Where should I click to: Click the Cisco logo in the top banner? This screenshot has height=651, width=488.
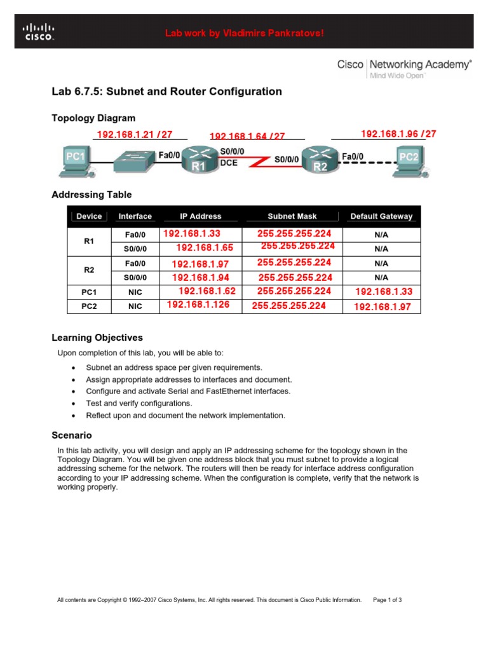[39, 32]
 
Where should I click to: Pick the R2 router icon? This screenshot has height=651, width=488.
[320, 160]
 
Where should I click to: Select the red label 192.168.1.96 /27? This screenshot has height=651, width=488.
[398, 134]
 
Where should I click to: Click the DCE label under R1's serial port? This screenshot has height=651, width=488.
[229, 163]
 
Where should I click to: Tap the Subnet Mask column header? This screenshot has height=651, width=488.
[292, 216]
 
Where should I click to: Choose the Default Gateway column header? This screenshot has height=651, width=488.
[381, 216]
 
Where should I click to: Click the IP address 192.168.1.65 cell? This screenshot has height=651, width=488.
[205, 248]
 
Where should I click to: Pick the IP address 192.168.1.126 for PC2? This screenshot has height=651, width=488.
[198, 305]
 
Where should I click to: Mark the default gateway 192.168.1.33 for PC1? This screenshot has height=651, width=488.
[384, 292]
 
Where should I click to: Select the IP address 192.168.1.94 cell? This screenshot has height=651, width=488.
[201, 277]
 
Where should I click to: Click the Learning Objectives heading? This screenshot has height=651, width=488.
[97, 338]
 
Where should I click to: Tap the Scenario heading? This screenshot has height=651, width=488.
[72, 435]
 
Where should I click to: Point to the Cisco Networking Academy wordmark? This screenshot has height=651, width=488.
[404, 64]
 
